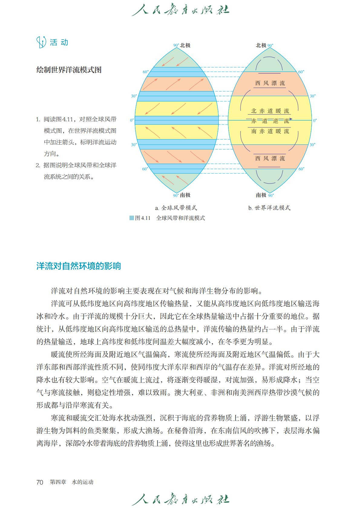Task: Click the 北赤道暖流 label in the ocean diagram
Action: pos(270,111)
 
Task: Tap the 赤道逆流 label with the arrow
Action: pos(270,121)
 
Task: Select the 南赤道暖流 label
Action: pos(270,131)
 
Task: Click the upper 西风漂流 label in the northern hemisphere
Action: pos(270,83)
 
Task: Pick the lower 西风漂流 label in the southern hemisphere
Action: pos(270,158)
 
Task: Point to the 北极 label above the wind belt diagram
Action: pos(185,45)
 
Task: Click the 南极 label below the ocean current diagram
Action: pos(261,195)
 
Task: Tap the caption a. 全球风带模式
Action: pos(176,208)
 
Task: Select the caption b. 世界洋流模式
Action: pos(269,208)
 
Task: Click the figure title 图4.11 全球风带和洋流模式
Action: pos(170,218)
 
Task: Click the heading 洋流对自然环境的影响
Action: pos(79,266)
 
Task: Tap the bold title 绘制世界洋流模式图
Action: pos(69,70)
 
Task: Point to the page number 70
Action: pos(40,482)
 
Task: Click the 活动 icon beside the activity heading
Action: pos(41,42)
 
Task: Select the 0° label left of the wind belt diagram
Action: pos(132,120)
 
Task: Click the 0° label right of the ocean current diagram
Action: pos(315,120)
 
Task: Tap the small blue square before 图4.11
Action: pos(132,218)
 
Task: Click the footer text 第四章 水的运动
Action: pos(72,482)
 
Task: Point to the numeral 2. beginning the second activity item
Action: pos(38,165)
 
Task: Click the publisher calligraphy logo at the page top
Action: pos(180,10)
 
